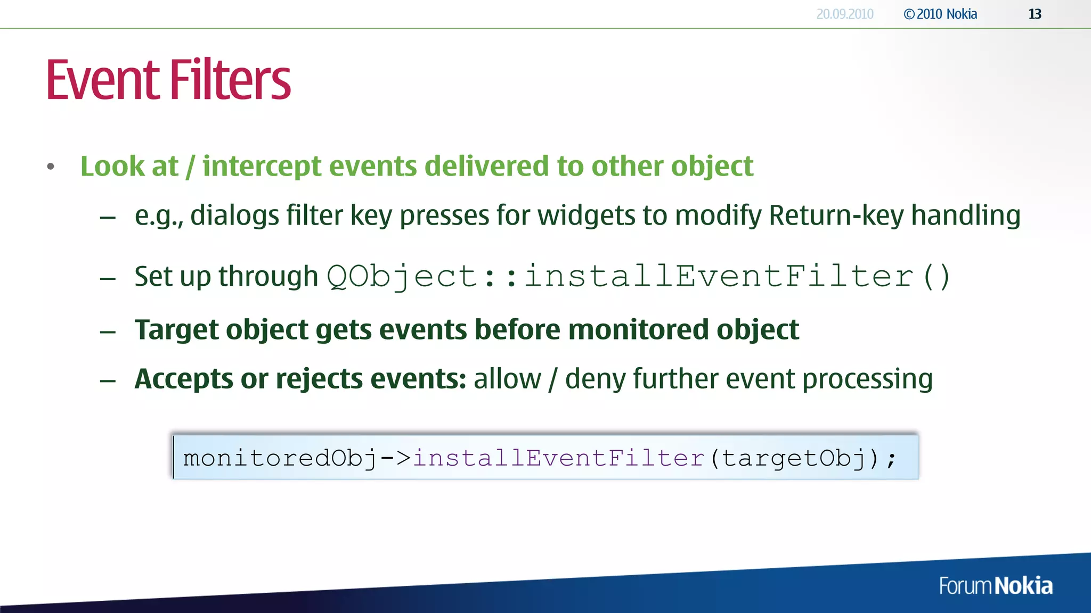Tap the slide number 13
pos(1035,14)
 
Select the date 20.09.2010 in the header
pos(845,14)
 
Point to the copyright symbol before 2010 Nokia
pos(909,14)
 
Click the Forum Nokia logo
pos(996,586)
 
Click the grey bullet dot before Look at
pos(51,167)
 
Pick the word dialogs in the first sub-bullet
pos(234,216)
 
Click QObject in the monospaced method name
pos(402,277)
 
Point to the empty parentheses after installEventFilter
pos(937,277)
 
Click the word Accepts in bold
pos(184,379)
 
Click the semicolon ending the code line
pos(891,459)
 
